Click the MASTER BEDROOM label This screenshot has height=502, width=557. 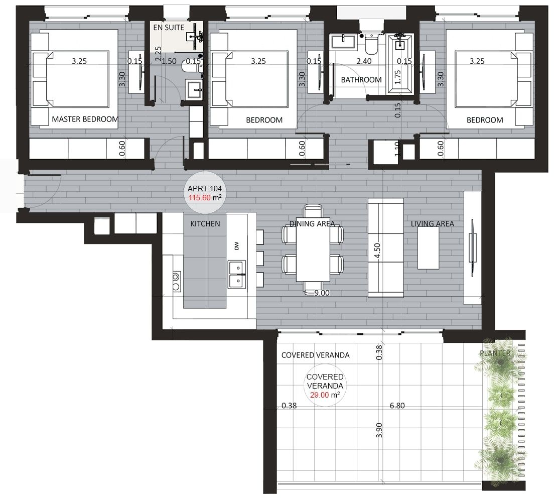tap(85, 119)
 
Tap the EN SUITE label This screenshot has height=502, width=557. tap(169, 28)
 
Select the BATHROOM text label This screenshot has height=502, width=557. tap(361, 80)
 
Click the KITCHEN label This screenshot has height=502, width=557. tap(205, 224)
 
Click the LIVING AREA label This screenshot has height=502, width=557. tap(433, 224)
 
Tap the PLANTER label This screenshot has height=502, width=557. tap(495, 353)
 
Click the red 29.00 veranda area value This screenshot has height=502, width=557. tap(320, 395)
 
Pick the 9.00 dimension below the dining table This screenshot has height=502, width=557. tap(321, 293)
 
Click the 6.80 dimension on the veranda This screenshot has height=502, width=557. tap(396, 406)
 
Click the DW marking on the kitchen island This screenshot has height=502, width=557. tap(236, 246)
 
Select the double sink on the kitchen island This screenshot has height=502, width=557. tap(237, 274)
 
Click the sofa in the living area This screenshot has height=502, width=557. tap(385, 247)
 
